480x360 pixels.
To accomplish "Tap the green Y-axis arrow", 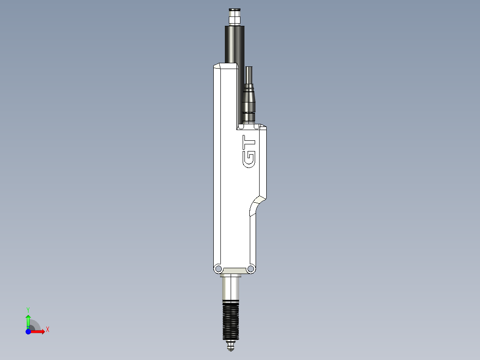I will coord(28,320).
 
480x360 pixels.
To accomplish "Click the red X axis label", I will coord(48,330).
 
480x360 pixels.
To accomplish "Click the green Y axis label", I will coord(28,309).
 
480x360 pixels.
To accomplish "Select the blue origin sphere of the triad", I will coord(28,331).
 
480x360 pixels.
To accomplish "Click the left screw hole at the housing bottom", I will coord(218,269).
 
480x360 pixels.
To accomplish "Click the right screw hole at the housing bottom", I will coord(250,269).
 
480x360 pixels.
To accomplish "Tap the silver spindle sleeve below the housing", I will coord(231,288).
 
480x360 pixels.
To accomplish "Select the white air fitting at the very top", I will coord(234,17).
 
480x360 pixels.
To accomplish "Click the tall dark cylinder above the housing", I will coord(235,45).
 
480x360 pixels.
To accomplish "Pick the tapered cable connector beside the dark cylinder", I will coord(248,100).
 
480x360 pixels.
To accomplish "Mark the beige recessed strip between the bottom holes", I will coord(234,270).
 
